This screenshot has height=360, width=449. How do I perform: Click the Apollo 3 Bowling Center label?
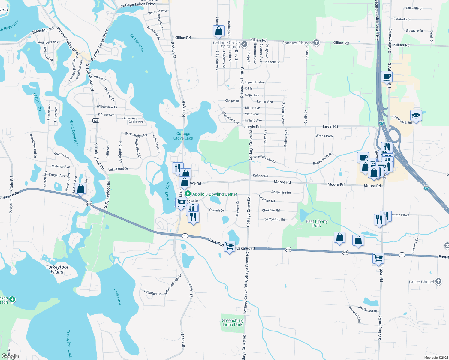tap(215, 194)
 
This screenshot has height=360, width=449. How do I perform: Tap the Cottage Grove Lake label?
tap(183, 136)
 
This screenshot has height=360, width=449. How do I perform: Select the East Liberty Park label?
tap(317, 223)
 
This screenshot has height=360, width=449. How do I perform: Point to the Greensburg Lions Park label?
tap(233, 322)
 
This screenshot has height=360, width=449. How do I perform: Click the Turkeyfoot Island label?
tap(57, 269)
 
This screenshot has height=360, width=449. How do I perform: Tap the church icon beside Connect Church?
tap(316, 43)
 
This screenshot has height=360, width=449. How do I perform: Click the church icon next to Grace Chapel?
tap(438, 281)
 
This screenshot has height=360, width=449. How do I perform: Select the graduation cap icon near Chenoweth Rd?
tap(416, 115)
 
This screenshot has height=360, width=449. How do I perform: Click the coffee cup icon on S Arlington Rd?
tap(387, 76)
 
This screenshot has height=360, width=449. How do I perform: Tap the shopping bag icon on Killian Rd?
tap(219, 31)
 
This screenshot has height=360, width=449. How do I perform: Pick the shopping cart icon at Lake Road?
tap(230, 246)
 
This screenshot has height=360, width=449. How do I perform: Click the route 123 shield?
tap(96, 120)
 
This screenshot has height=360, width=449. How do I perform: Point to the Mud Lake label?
tap(118, 297)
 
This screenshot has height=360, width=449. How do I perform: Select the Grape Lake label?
tap(38, 102)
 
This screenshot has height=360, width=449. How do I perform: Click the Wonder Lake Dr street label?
tap(264, 159)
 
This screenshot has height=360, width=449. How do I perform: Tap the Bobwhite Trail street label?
tap(322, 159)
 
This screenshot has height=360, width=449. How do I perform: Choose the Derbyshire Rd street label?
tap(275, 219)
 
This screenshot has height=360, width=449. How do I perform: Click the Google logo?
tap(10, 356)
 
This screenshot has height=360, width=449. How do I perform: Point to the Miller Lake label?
tap(168, 190)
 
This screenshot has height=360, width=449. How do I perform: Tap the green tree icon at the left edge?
tap(12, 299)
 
